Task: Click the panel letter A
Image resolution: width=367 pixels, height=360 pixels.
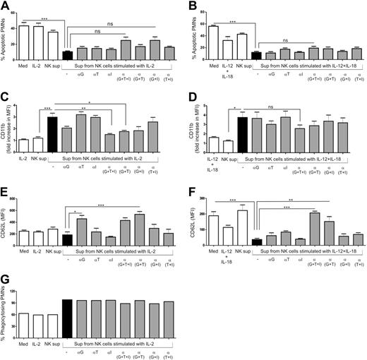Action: point(4,6)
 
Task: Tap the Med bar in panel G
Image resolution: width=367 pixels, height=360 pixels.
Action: point(24,313)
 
